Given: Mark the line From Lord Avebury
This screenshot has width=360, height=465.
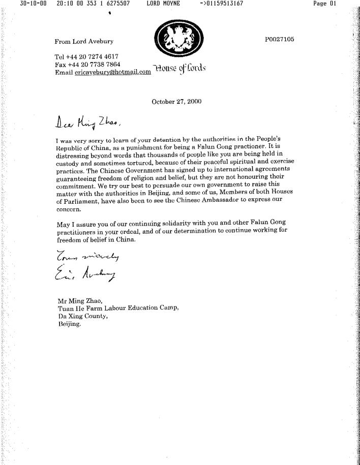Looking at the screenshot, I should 84,41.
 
